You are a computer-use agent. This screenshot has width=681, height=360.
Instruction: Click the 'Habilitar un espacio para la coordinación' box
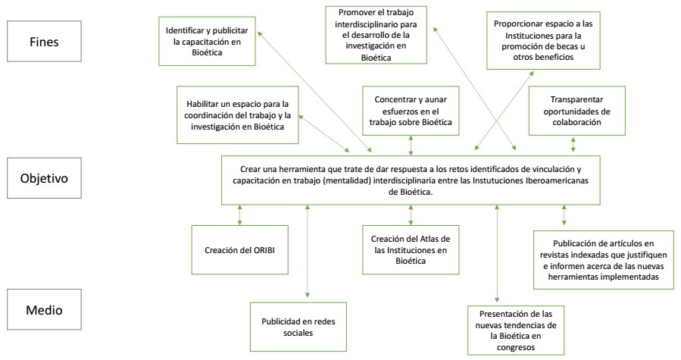coord(236,114)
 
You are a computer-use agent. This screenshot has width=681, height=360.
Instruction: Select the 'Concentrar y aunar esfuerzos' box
coord(409,111)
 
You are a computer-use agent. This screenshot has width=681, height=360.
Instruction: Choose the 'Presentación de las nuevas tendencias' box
coord(517,327)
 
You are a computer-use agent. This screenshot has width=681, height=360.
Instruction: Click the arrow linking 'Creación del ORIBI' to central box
coord(240,214)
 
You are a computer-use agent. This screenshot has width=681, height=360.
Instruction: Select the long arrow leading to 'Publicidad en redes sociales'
coord(307,250)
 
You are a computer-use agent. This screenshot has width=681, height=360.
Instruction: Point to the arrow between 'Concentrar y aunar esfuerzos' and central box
coord(410,144)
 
